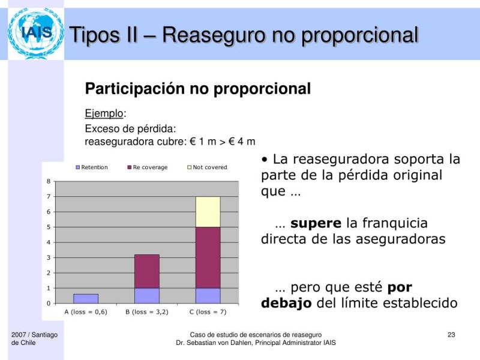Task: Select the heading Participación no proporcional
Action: [x=198, y=89]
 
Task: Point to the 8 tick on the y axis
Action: [x=49, y=181]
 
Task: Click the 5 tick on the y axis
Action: [x=49, y=227]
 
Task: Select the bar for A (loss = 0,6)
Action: [x=86, y=298]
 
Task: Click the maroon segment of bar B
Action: [x=147, y=271]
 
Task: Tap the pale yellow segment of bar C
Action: [x=208, y=212]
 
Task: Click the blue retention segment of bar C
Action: [x=208, y=295]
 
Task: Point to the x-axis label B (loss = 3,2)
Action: [x=147, y=312]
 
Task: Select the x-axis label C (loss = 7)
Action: [x=208, y=312]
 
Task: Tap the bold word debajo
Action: [x=286, y=303]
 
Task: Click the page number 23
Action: [x=452, y=334]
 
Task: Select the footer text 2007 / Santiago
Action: [x=34, y=334]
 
